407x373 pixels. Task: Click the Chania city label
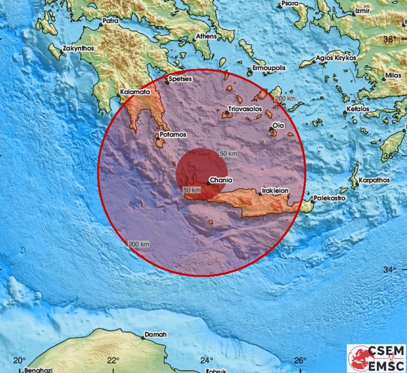(221, 180)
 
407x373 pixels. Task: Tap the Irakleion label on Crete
(276, 190)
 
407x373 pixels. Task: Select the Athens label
(206, 36)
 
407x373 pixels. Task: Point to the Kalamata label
(135, 92)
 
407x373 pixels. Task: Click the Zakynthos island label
(79, 47)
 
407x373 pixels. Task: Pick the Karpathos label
(375, 180)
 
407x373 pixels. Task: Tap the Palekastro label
(329, 198)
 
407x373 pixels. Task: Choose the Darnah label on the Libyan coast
(155, 335)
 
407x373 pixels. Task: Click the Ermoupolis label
(269, 68)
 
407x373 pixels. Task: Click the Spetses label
(180, 79)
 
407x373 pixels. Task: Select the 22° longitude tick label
(112, 360)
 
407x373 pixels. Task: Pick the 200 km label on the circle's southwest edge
(138, 244)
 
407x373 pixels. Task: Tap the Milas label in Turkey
(394, 76)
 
